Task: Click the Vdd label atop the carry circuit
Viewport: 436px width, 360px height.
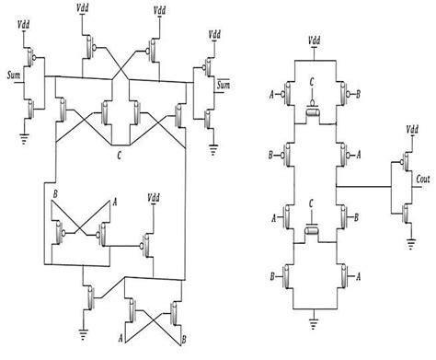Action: [316, 40]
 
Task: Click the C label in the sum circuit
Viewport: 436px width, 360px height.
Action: [120, 157]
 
